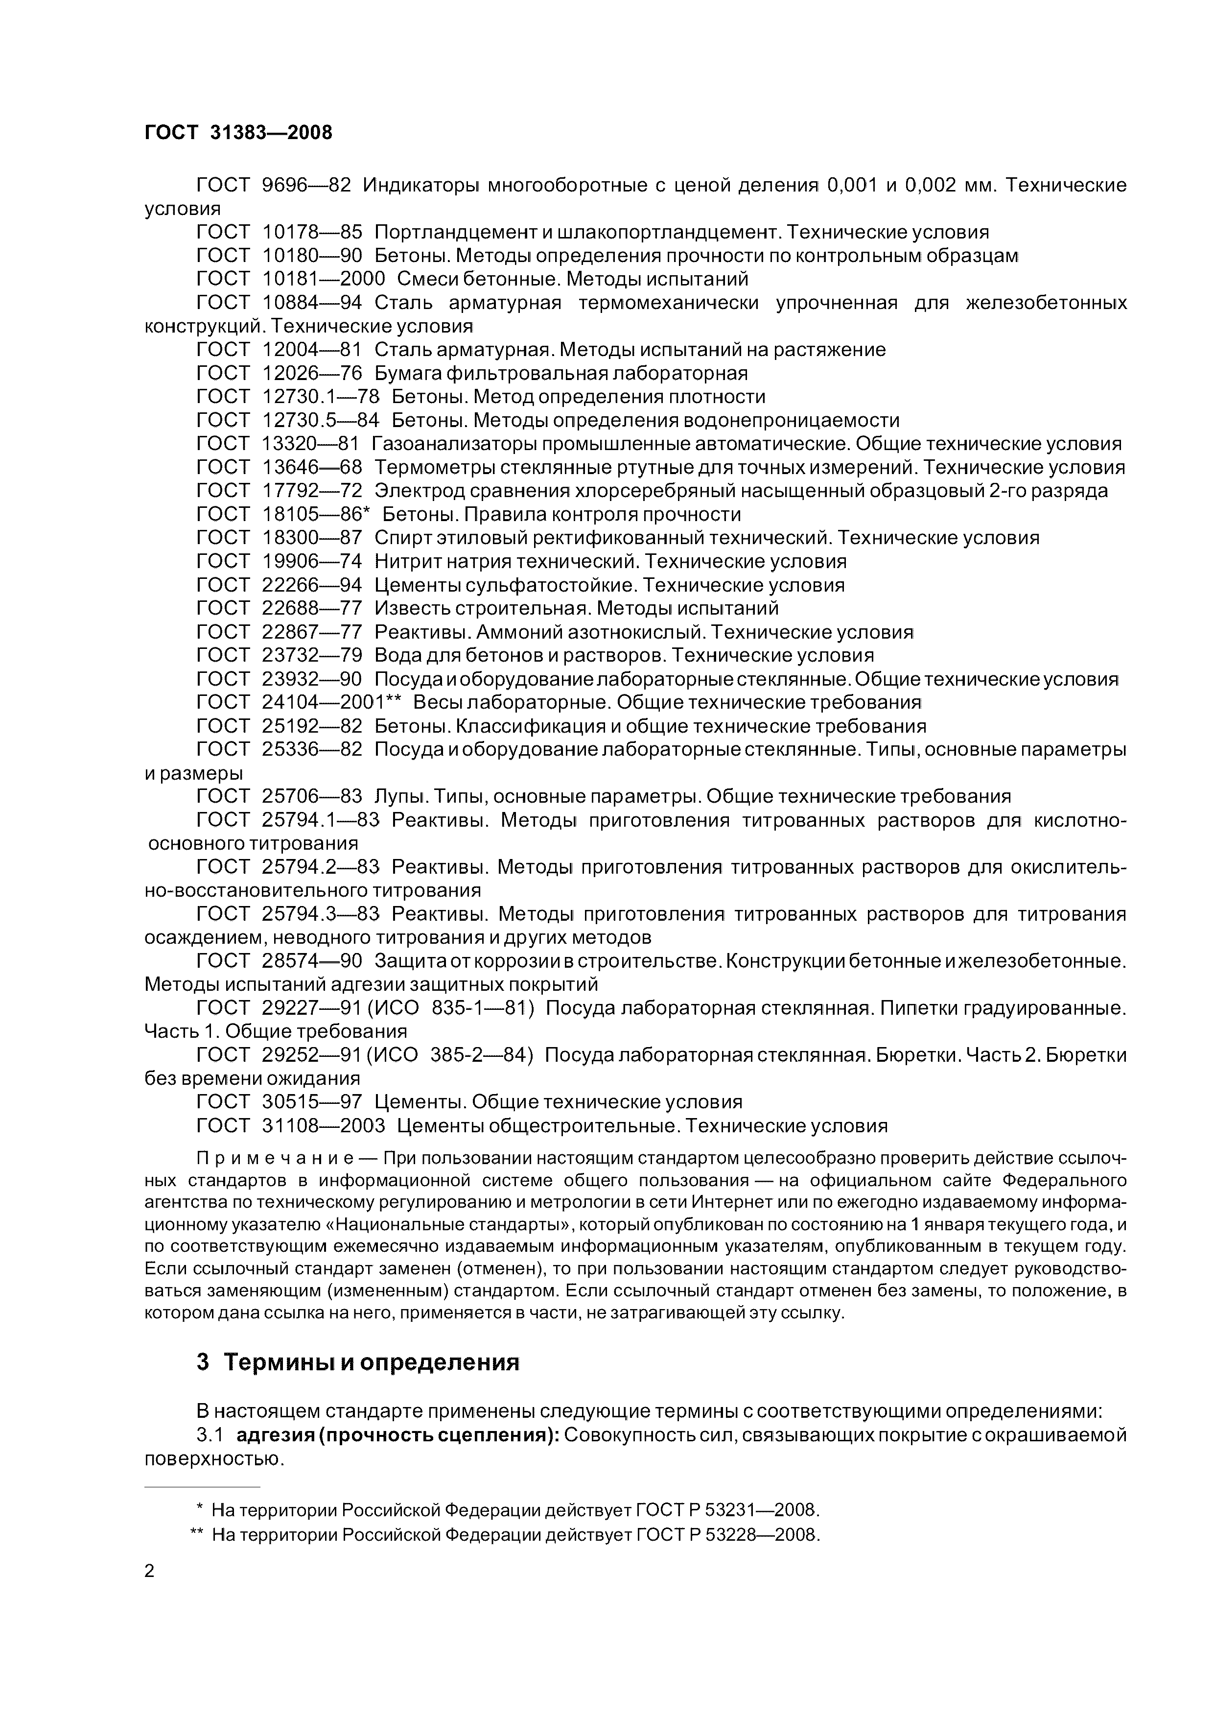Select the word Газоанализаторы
point(455,444)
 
